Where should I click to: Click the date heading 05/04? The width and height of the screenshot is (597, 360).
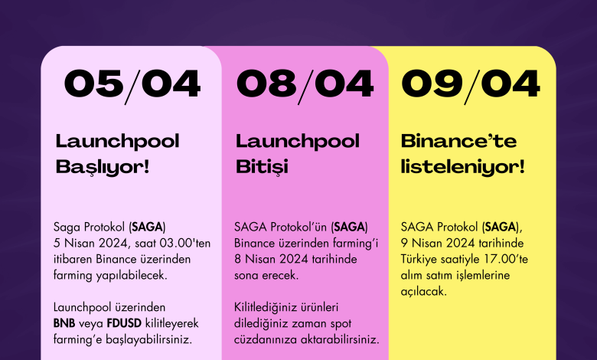[132, 85]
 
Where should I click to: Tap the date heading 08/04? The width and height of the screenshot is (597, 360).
[305, 85]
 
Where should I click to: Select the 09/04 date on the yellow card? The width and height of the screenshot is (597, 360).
[471, 85]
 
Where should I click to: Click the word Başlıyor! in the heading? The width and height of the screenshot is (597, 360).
[103, 167]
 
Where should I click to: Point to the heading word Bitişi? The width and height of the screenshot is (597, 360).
[262, 167]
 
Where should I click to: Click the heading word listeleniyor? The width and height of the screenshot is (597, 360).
[462, 167]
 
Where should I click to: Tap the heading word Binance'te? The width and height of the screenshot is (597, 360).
[458, 142]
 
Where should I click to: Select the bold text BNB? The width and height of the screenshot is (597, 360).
[64, 323]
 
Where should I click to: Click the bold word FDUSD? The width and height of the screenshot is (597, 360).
[124, 323]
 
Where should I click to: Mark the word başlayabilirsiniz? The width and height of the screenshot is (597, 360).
[148, 339]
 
